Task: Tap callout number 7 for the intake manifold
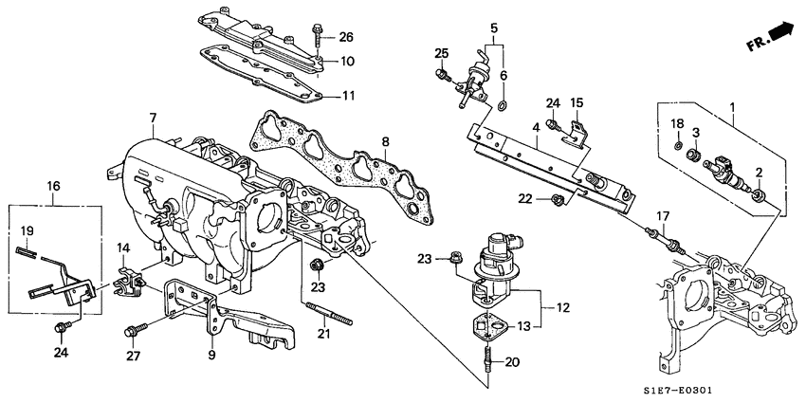pyautogui.click(x=153, y=118)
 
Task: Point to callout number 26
pyautogui.click(x=345, y=38)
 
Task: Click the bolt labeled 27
pyautogui.click(x=132, y=331)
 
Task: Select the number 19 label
pyautogui.click(x=27, y=230)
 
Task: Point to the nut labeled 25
pyautogui.click(x=441, y=74)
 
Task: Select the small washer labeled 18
pyautogui.click(x=677, y=145)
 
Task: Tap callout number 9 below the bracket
pyautogui.click(x=211, y=356)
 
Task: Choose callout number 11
pyautogui.click(x=348, y=96)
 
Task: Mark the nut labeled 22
pyautogui.click(x=559, y=199)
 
